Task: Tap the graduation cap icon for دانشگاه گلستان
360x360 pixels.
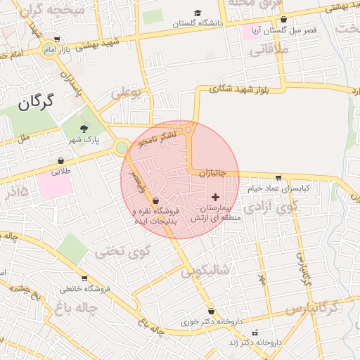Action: (199, 13)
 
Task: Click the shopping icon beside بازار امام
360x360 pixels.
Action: (56, 40)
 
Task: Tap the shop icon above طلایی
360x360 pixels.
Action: (60, 161)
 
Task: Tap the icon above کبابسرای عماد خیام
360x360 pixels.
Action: (279, 178)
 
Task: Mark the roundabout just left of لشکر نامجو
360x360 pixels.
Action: (122, 148)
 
